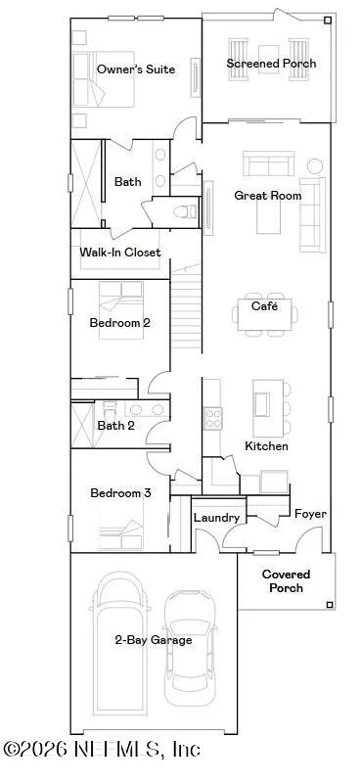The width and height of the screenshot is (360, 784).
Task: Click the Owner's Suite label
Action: pos(136,69)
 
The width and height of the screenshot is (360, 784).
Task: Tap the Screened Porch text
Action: pos(271,64)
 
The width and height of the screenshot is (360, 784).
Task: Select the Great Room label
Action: pos(267,196)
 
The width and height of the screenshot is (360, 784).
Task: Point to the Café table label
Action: pos(264,306)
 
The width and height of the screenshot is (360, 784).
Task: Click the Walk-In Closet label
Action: pos(120,252)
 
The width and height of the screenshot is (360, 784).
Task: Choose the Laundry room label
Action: pos(216,518)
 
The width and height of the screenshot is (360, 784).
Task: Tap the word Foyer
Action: pos(310,514)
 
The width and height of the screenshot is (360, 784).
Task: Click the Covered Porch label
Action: pos(286,581)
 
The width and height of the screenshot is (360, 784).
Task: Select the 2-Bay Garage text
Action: pos(153,640)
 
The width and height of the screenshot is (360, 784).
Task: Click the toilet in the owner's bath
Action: pos(185,212)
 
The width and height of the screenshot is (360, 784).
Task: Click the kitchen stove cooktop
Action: pos(213,418)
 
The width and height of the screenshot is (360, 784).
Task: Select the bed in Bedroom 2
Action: pos(121,310)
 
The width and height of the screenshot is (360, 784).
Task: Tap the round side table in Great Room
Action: pos(314,166)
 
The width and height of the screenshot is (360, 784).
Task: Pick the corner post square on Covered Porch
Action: pos(329,605)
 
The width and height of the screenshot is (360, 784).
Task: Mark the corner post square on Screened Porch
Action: pos(327,20)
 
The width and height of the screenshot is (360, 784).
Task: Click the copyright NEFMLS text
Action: pos(102,749)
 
